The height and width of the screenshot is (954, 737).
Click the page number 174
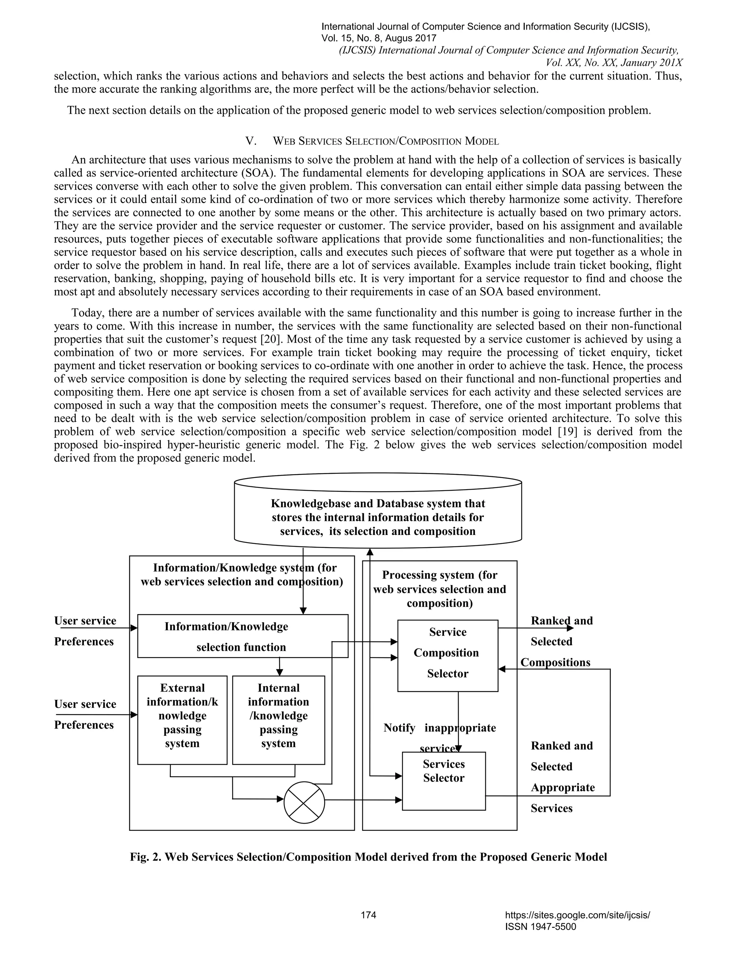tap(368, 915)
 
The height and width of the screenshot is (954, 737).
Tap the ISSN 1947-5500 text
tap(541, 927)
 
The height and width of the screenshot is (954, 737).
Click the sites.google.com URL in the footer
tap(577, 915)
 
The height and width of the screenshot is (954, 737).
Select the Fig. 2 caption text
tap(368, 857)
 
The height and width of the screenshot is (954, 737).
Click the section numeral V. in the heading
tap(250, 141)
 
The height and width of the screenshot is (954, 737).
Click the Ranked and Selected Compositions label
tap(561, 641)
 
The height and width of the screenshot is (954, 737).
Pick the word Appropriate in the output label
tap(563, 788)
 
